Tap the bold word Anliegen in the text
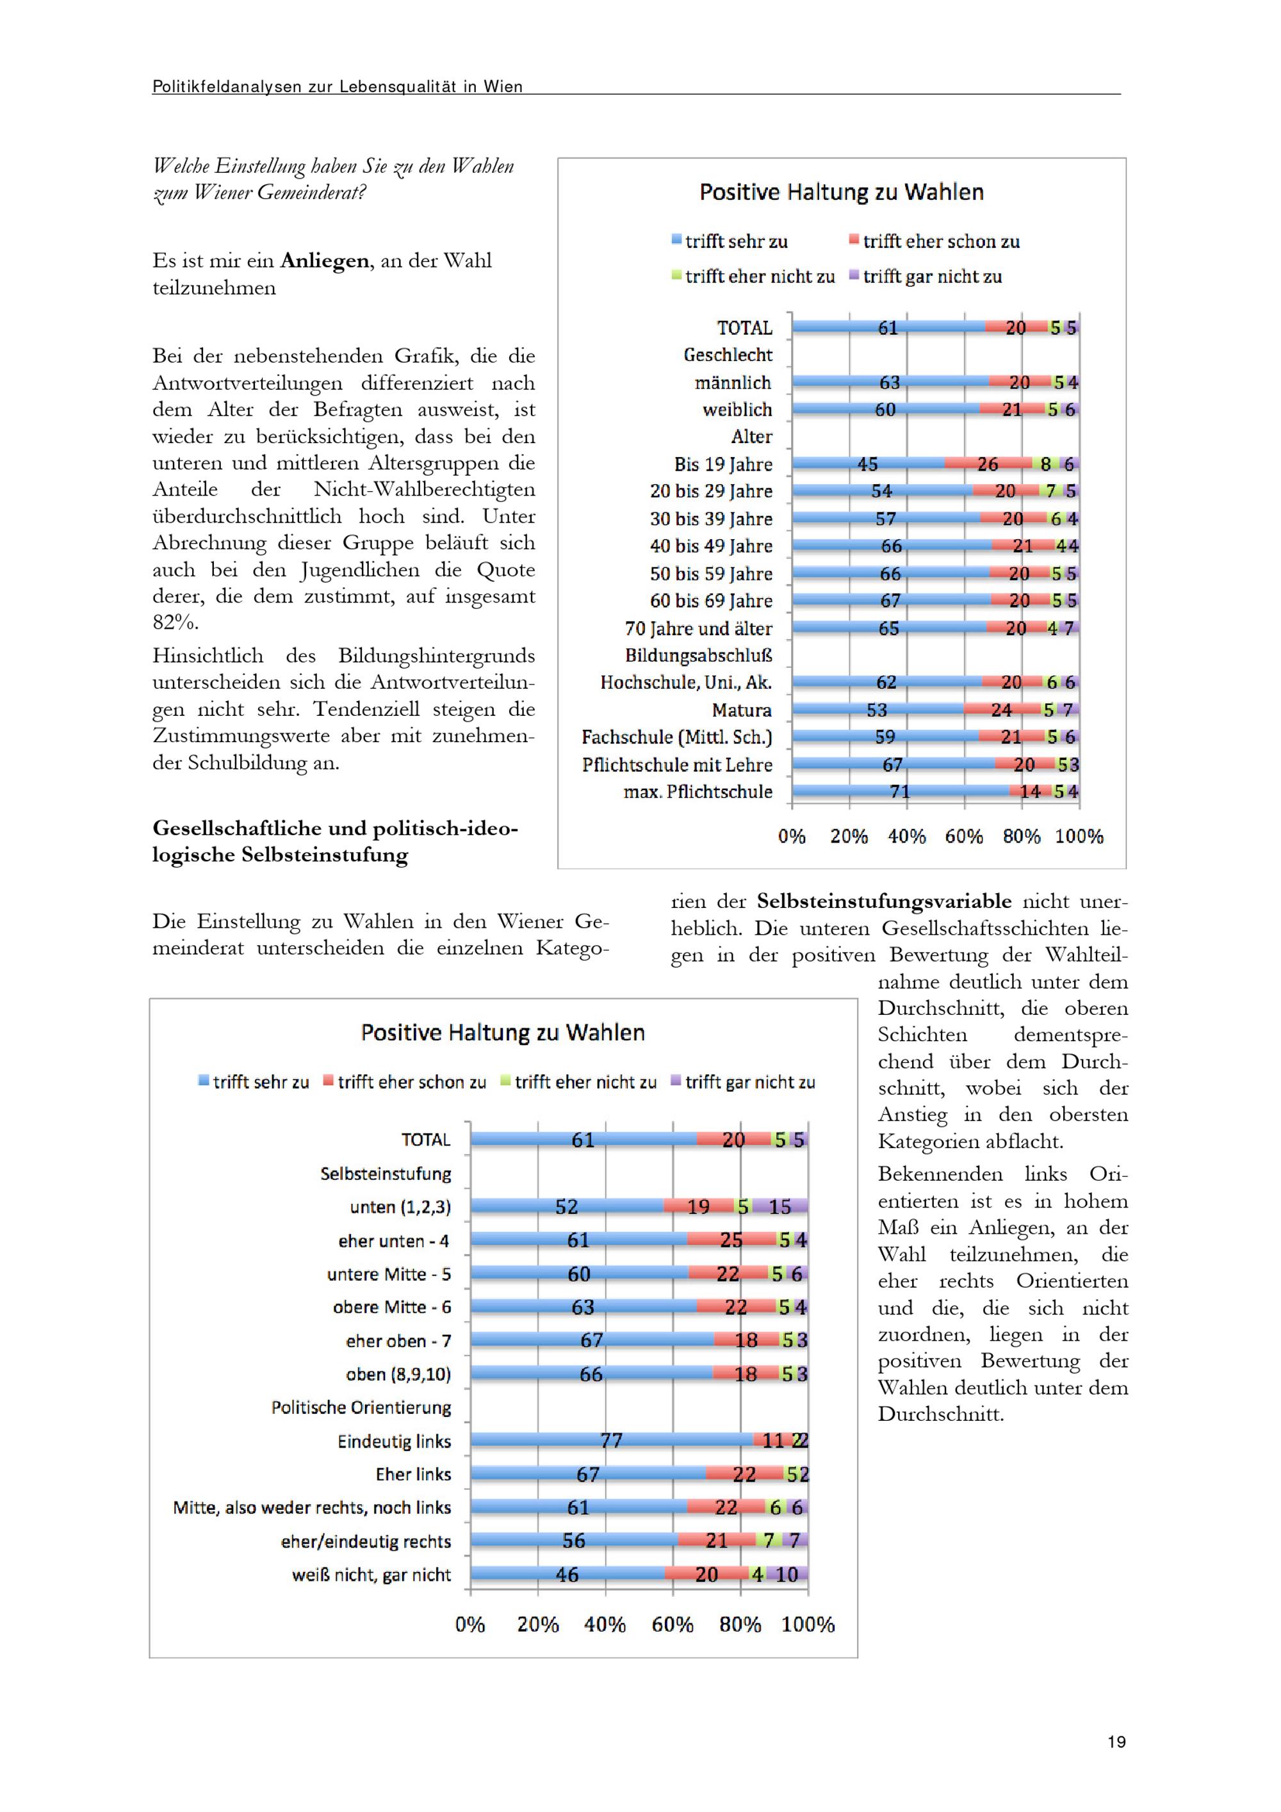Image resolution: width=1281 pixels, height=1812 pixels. (x=324, y=261)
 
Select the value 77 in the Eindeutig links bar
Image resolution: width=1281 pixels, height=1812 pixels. (x=611, y=1441)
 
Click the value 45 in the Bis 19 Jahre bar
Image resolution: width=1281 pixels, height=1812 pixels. (x=867, y=464)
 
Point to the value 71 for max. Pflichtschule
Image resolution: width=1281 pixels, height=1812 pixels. (x=900, y=791)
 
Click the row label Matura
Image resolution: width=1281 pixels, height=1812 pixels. (x=742, y=710)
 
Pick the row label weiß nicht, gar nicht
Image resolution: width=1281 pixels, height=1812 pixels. (x=371, y=1575)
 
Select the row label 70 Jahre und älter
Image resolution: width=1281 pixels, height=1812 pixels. (x=699, y=629)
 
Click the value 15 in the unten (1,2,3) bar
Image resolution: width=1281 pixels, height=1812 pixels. (x=779, y=1207)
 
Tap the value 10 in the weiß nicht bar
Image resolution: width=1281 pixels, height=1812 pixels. (x=787, y=1575)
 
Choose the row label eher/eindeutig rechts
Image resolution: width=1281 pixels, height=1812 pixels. (x=366, y=1541)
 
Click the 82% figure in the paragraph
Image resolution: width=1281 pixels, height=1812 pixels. (x=174, y=623)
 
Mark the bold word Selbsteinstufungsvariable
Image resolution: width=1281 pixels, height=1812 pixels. (x=884, y=902)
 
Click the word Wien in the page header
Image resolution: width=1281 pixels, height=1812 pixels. (x=503, y=87)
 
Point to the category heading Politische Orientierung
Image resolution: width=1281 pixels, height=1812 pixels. (x=361, y=1408)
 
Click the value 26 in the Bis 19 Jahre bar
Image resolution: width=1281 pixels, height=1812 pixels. (x=988, y=464)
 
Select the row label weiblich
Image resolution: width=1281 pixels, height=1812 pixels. (x=737, y=410)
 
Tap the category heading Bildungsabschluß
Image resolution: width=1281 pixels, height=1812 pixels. (x=699, y=656)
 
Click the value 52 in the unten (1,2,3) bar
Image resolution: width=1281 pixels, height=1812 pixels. (x=566, y=1207)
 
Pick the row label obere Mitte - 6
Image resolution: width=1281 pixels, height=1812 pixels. (x=392, y=1307)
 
